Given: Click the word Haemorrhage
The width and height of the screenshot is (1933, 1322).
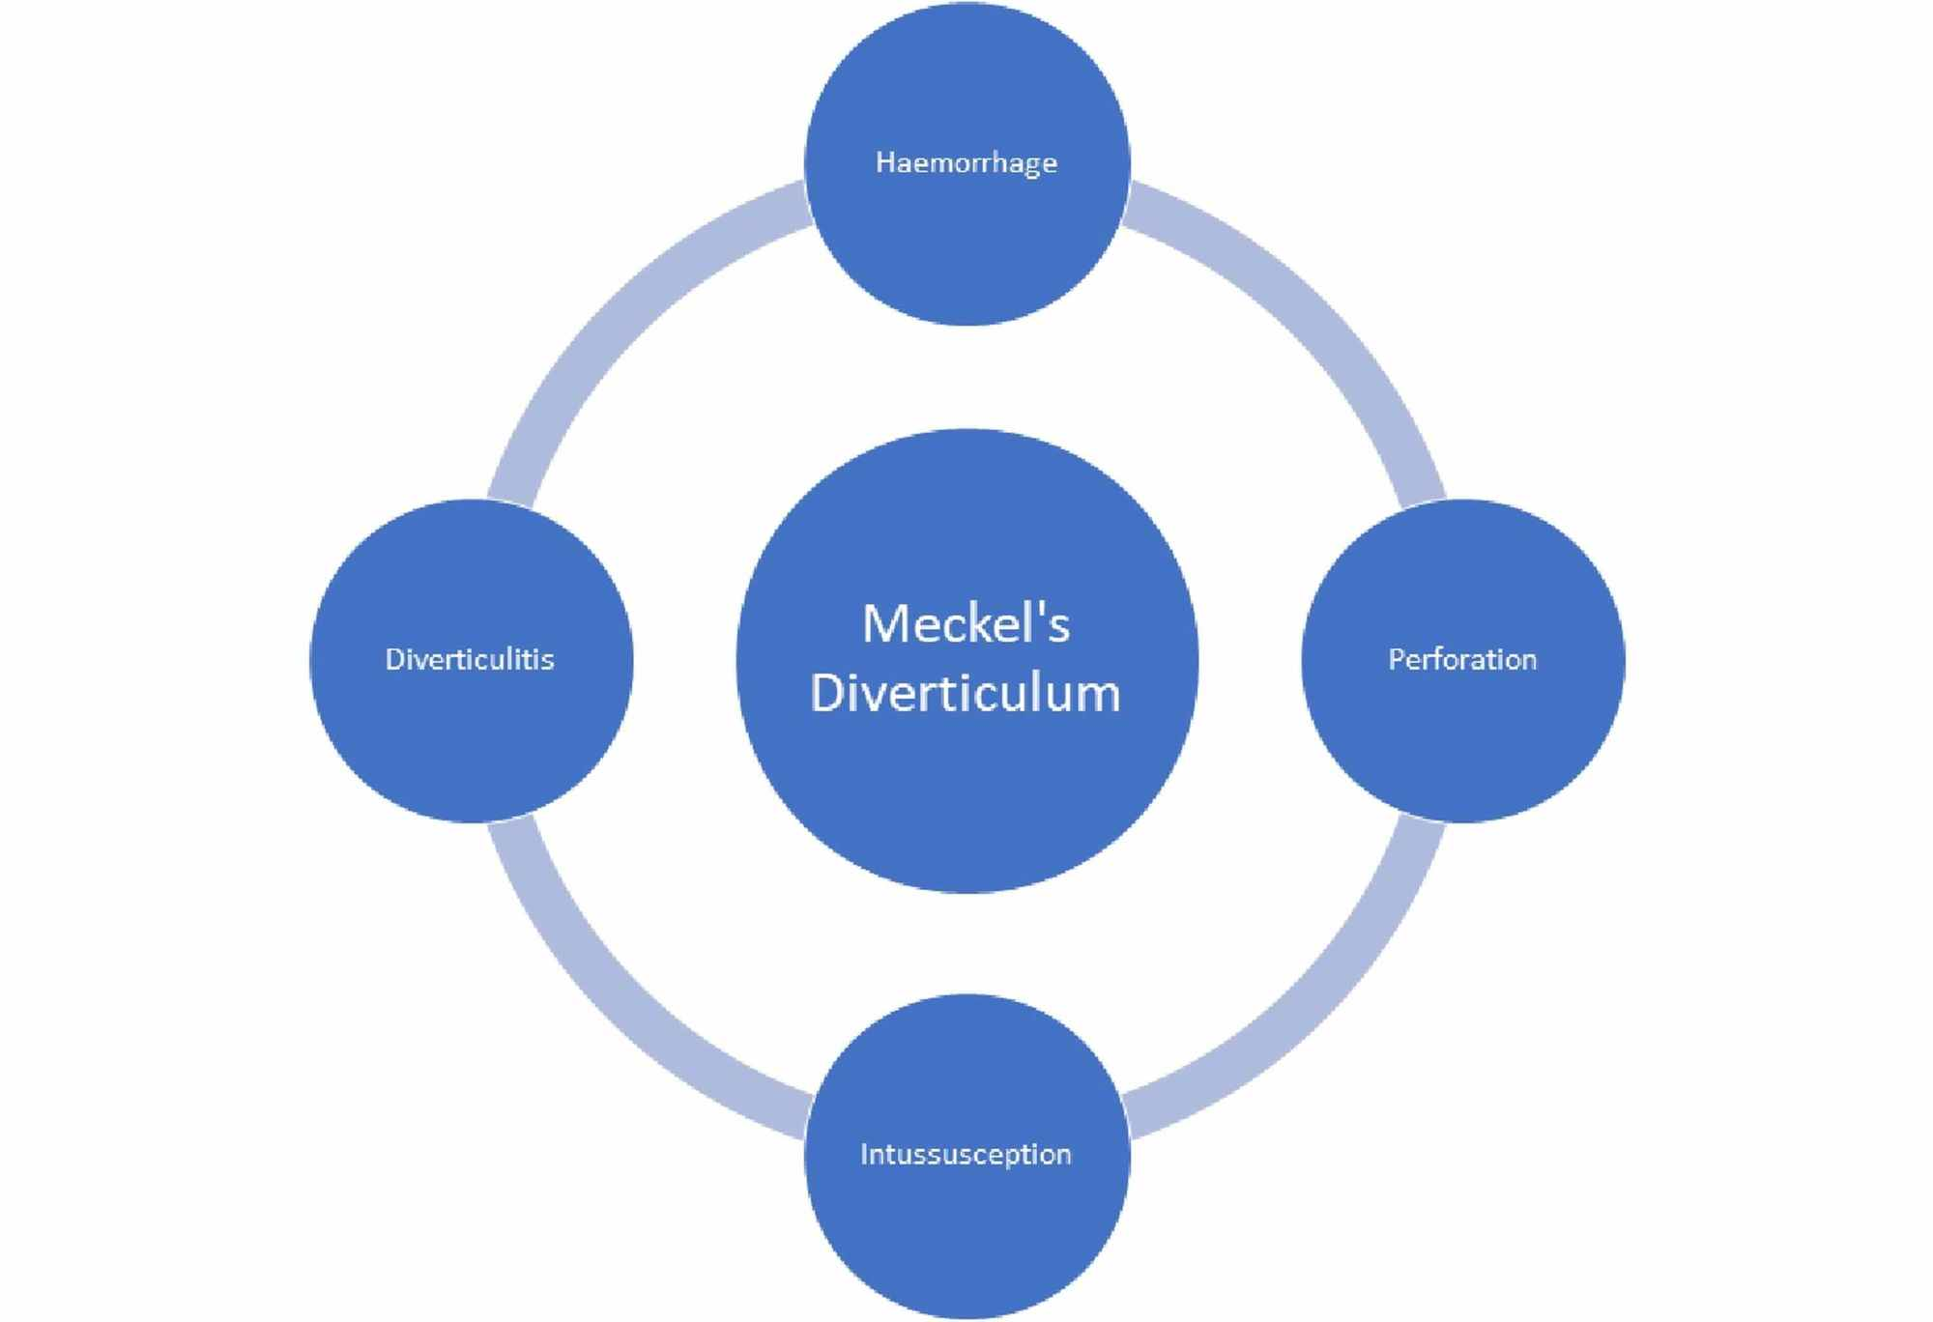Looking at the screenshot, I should click(x=966, y=162).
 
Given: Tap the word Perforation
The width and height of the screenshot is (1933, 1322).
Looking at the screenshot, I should click(x=1462, y=660).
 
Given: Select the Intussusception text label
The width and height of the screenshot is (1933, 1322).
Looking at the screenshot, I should click(x=966, y=1154).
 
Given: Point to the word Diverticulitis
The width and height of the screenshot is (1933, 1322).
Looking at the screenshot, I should click(x=470, y=660).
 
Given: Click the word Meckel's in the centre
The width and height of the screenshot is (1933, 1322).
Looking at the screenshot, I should click(x=966, y=624).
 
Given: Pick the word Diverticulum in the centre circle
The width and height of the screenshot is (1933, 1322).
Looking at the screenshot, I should click(x=966, y=693).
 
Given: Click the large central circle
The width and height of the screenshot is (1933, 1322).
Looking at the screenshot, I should click(x=966, y=792).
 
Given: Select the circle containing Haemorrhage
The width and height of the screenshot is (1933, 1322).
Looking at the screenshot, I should click(x=966, y=251).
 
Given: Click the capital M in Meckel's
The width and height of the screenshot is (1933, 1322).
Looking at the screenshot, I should click(x=884, y=624).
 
